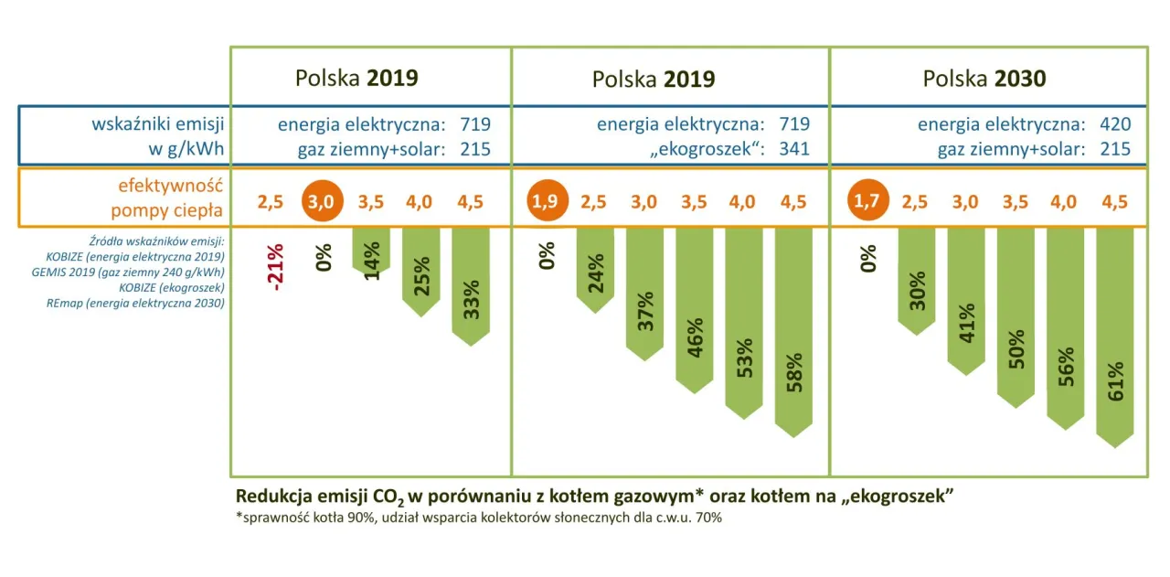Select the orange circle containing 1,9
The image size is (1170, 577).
(547, 201)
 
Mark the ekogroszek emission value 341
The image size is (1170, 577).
(793, 148)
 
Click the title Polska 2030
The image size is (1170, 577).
(984, 79)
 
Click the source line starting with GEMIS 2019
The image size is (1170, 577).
(135, 272)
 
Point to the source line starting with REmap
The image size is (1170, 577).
(135, 303)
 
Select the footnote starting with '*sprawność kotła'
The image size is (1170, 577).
(478, 518)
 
